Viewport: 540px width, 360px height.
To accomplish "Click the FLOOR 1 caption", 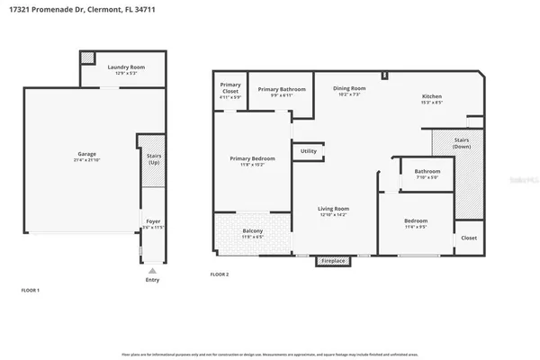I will [x=31, y=291].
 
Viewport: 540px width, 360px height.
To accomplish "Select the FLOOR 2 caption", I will [x=220, y=274].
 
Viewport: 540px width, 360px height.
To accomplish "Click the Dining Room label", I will [x=347, y=90].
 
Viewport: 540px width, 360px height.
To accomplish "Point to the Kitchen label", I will [x=433, y=98].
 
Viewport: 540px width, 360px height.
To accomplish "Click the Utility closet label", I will [x=308, y=151].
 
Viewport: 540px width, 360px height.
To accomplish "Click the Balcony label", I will [x=253, y=234].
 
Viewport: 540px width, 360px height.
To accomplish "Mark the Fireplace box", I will [x=333, y=263].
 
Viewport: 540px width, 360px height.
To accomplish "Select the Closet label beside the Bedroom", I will [x=469, y=238].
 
